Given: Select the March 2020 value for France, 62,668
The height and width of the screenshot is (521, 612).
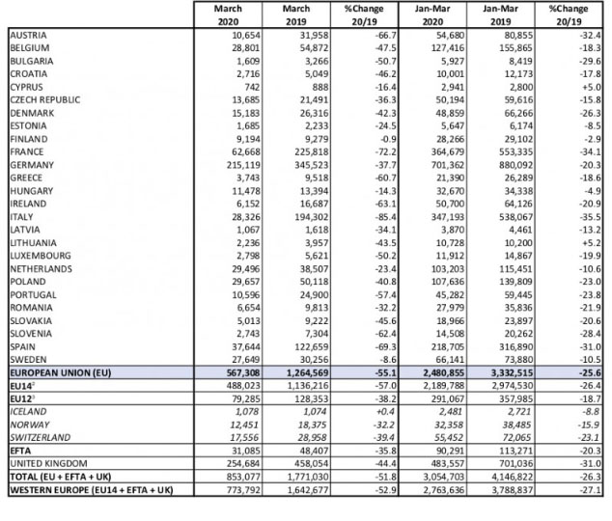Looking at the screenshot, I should (235, 152).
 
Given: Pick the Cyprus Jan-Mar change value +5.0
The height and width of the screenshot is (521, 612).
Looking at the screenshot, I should (579, 86).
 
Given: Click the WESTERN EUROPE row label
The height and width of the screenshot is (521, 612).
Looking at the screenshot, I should (90, 489).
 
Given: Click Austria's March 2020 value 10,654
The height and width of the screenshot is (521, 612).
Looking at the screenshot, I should (235, 34).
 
